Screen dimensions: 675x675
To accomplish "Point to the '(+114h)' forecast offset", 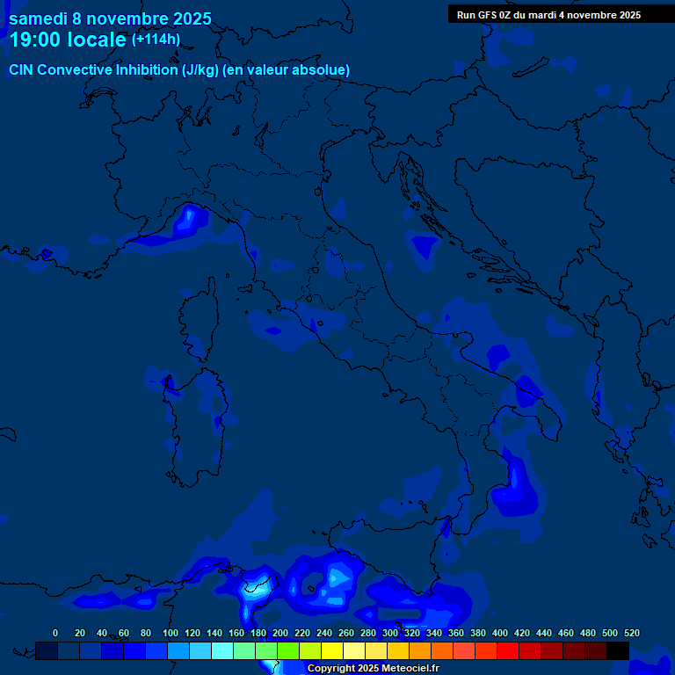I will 156,40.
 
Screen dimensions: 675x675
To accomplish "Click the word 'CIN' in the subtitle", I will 21,69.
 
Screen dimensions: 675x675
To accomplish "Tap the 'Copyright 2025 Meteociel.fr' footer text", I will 373,668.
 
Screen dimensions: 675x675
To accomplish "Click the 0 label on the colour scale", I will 55,633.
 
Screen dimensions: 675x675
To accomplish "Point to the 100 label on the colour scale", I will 167,633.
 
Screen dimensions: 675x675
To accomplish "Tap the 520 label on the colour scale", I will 631,633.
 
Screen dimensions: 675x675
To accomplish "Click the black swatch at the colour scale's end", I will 618,650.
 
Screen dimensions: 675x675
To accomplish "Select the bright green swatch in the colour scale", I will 288,650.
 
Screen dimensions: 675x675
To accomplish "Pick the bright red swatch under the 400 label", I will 508,650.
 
